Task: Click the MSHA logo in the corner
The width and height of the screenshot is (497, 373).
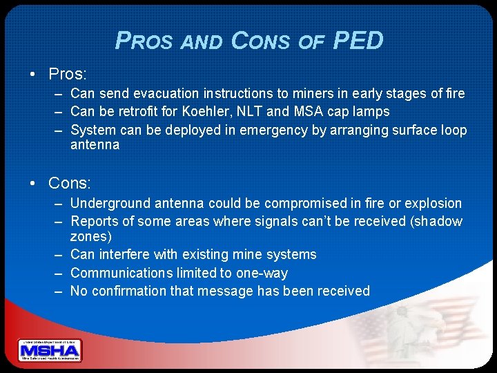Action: (x=50, y=351)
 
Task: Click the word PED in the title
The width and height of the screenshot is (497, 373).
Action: (x=358, y=41)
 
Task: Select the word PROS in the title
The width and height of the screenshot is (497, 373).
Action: (x=144, y=42)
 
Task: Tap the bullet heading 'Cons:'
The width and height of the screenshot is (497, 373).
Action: (x=69, y=183)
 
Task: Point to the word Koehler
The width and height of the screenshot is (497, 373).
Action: (x=213, y=111)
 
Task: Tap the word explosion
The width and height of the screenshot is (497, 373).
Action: (x=434, y=203)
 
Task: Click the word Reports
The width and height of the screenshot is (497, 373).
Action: (x=93, y=221)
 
